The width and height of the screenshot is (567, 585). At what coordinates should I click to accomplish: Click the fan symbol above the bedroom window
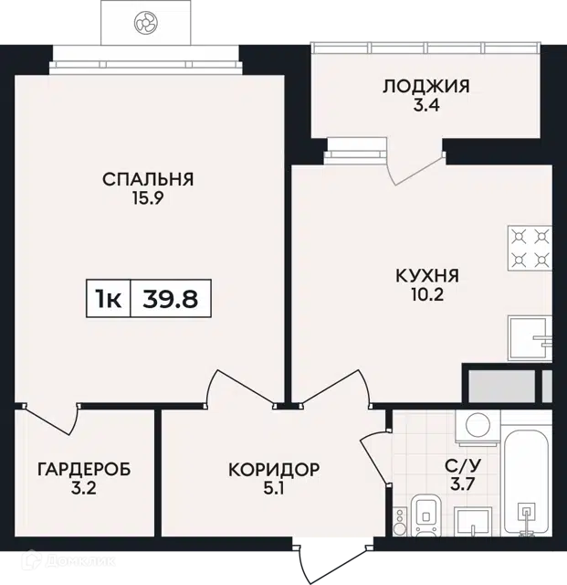(146, 22)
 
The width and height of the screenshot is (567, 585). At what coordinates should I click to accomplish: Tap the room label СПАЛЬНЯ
(148, 179)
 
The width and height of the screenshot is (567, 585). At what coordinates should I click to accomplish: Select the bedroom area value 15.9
(148, 198)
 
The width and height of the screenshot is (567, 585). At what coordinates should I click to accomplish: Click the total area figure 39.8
(171, 299)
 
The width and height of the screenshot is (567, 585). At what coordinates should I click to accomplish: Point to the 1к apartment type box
(108, 299)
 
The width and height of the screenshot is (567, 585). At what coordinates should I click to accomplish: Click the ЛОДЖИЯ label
(426, 86)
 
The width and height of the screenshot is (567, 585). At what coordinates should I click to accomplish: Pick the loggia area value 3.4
(426, 106)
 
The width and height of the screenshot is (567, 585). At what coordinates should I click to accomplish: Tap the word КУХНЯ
(427, 276)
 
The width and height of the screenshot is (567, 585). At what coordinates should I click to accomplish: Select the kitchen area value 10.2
(427, 295)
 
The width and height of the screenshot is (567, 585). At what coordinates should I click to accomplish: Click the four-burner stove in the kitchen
(530, 248)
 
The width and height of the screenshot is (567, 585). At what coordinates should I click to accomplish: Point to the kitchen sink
(530, 339)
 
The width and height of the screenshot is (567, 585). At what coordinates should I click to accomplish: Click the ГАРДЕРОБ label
(84, 469)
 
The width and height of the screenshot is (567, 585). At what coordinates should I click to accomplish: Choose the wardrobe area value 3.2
(84, 488)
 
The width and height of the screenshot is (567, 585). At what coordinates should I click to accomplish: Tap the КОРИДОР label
(274, 469)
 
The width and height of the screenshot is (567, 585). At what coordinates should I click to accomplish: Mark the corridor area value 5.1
(274, 488)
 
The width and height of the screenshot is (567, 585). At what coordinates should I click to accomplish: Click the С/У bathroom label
(463, 465)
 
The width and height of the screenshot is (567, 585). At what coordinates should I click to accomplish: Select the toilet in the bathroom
(425, 515)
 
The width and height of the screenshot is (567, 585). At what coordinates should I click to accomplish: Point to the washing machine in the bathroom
(478, 428)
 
